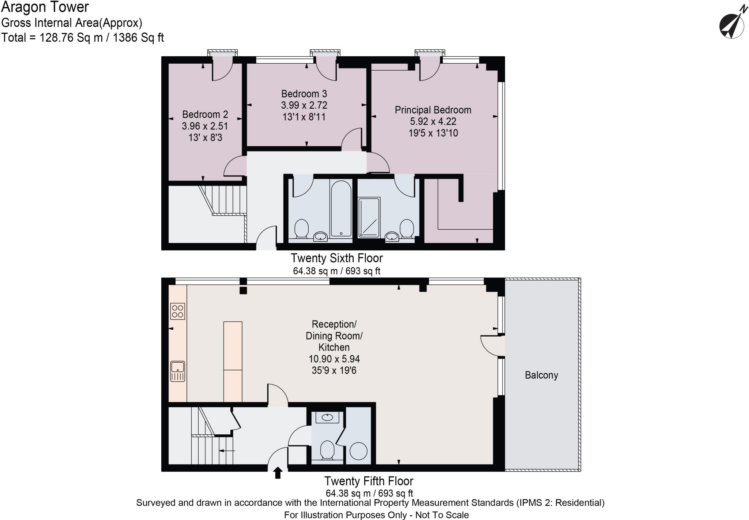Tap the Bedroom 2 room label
[205, 114]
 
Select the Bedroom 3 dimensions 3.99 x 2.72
[304, 105]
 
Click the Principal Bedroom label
[433, 110]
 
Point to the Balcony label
[541, 375]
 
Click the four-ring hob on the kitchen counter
[178, 311]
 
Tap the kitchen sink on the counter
[178, 371]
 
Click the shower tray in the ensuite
[369, 217]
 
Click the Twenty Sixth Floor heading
[336, 258]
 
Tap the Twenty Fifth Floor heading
[369, 481]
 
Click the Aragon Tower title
[45, 7]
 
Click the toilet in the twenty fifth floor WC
[327, 450]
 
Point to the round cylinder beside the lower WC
[358, 451]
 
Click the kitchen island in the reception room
[233, 361]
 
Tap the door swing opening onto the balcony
[492, 345]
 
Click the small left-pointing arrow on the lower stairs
[227, 451]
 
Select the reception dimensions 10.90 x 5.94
[334, 359]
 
